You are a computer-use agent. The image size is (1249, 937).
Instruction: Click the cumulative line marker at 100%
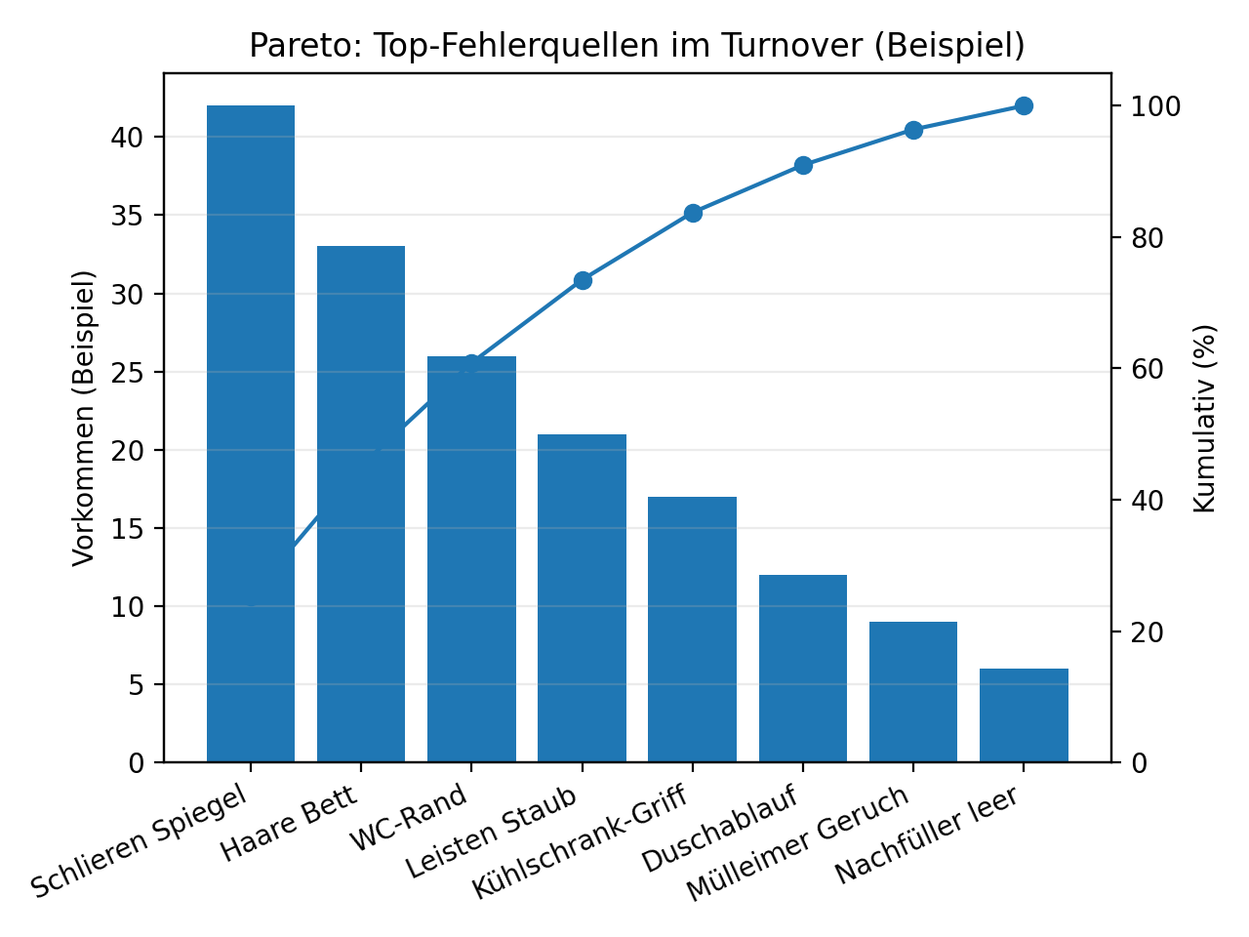1024,105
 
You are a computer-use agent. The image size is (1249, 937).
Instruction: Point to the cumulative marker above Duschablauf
803,165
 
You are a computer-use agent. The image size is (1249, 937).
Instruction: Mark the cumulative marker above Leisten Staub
583,280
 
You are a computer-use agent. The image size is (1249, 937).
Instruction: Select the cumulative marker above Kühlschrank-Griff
693,213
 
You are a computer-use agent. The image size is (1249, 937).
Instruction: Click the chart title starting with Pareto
637,46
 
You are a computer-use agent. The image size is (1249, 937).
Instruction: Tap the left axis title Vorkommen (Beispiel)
85,418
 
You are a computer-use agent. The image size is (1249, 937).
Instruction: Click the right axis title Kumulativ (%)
1205,418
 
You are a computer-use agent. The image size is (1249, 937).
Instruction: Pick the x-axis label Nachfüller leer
928,835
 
